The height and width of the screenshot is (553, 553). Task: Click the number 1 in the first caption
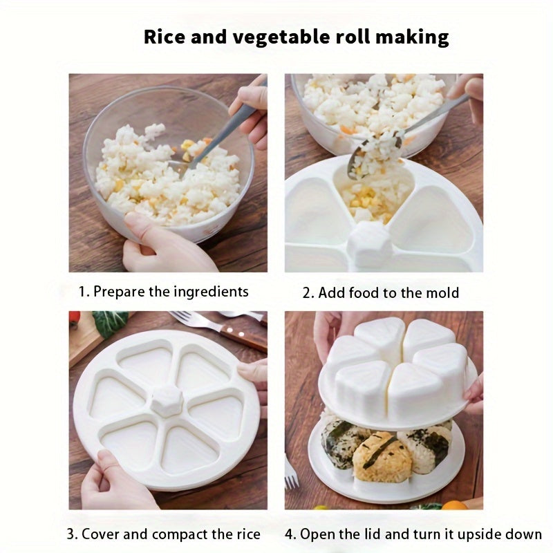point(82,292)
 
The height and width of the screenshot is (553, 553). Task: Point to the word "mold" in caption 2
point(442,292)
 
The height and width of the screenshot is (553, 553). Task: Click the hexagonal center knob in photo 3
point(167,400)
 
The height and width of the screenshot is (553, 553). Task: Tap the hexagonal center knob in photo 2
point(369,243)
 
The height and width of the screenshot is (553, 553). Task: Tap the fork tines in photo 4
point(290,473)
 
